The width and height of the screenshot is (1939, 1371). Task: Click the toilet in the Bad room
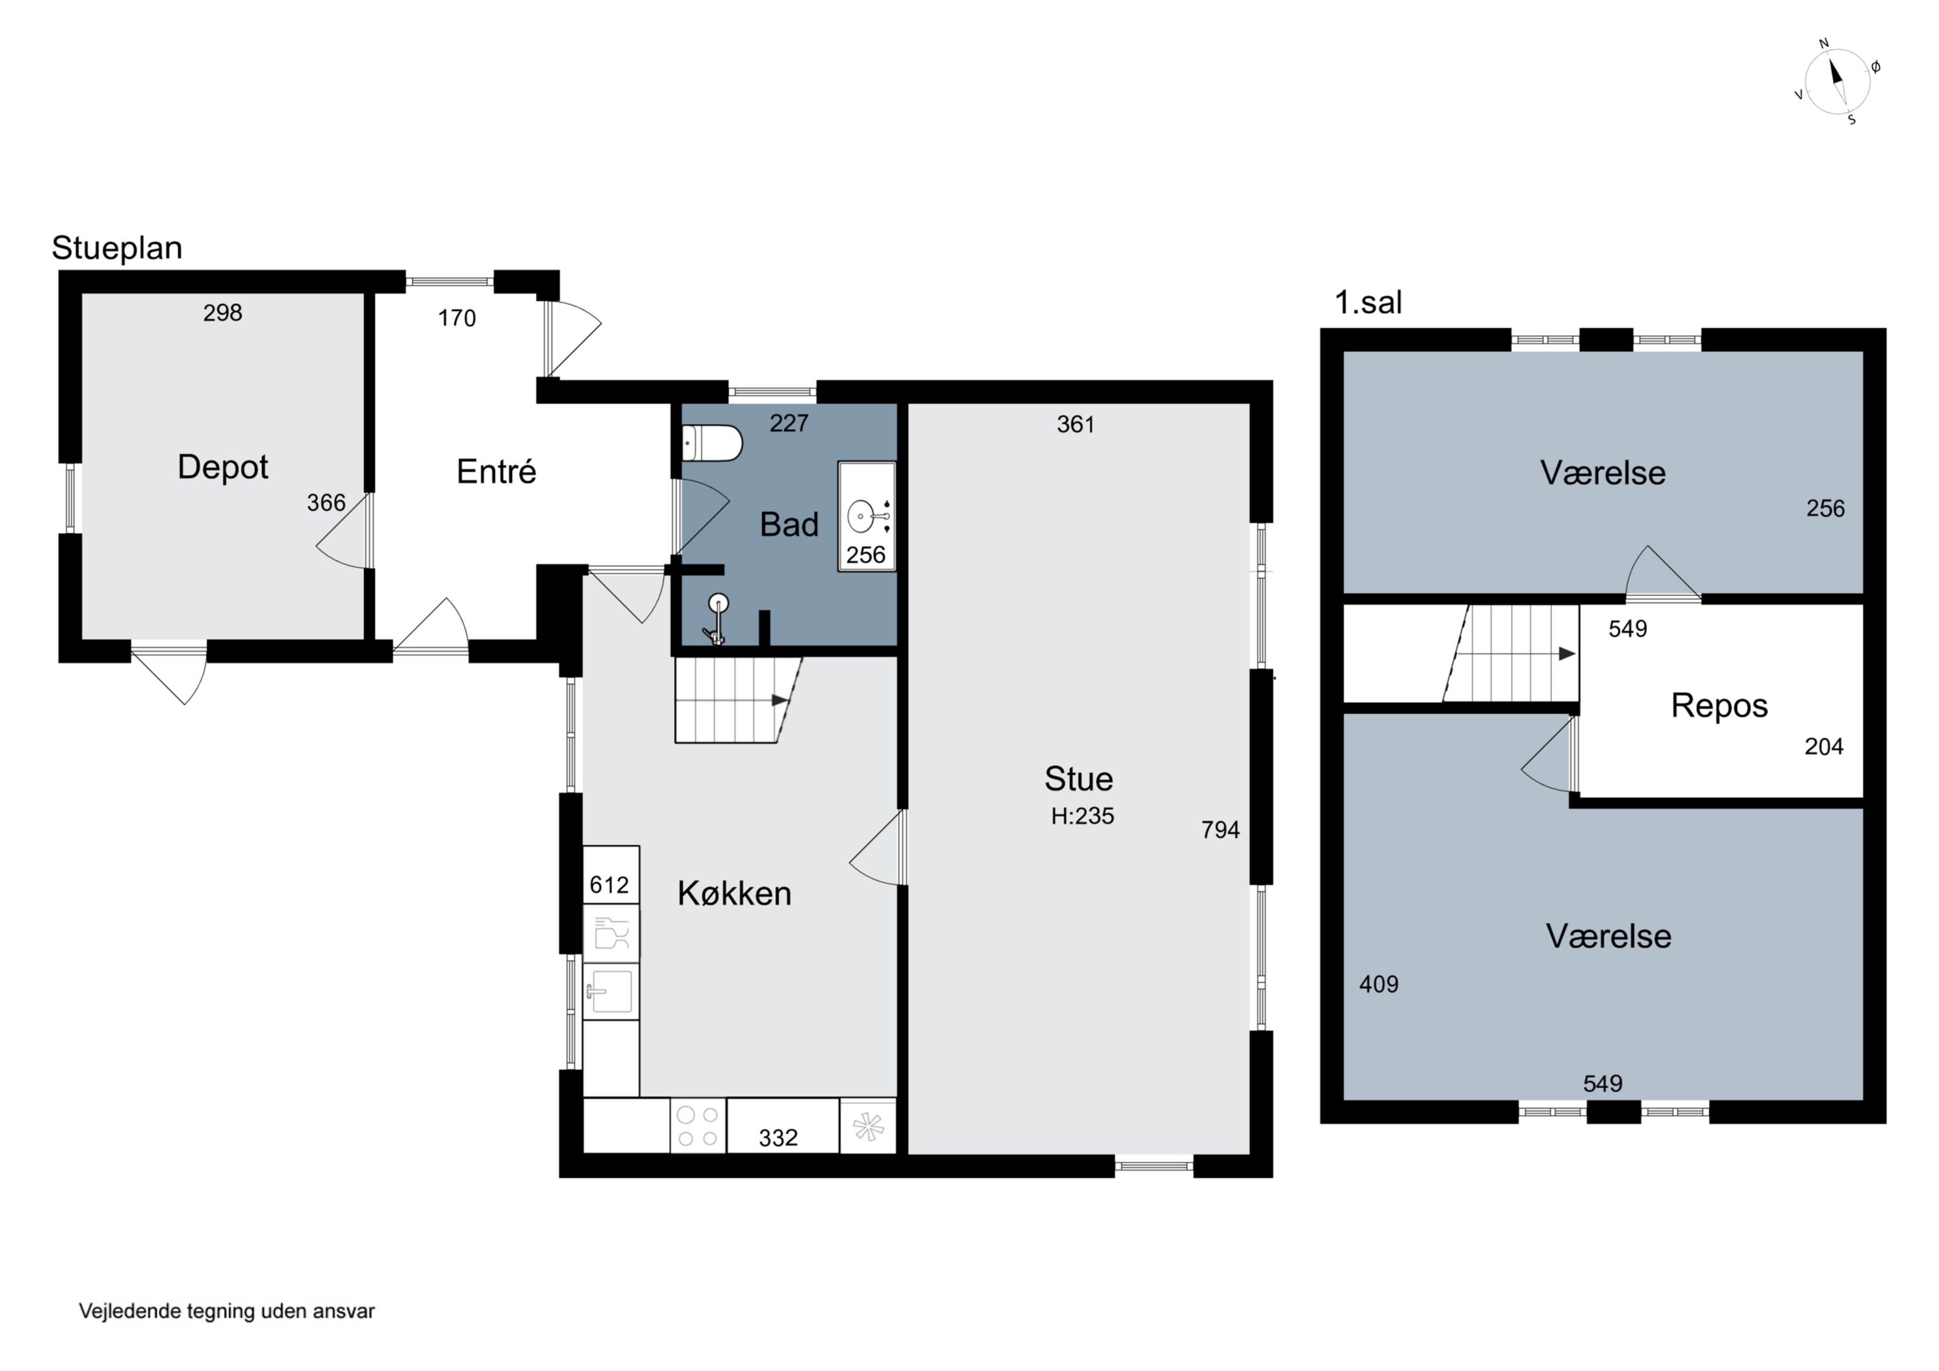click(712, 443)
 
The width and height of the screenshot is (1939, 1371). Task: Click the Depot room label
click(223, 467)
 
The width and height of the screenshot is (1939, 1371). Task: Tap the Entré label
click(496, 471)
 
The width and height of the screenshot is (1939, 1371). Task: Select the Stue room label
click(1079, 779)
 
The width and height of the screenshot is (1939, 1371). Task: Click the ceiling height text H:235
click(1083, 816)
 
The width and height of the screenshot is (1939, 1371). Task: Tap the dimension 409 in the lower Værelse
click(1379, 984)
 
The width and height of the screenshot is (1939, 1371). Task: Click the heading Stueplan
click(118, 248)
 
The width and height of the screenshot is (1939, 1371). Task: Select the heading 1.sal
click(1368, 303)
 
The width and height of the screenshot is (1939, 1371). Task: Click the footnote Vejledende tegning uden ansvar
click(227, 1311)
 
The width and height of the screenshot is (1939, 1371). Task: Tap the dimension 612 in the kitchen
click(609, 886)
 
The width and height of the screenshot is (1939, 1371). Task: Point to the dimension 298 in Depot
click(223, 314)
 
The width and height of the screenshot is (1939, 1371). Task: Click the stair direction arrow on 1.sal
click(1567, 654)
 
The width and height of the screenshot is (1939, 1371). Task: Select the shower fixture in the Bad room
click(716, 621)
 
